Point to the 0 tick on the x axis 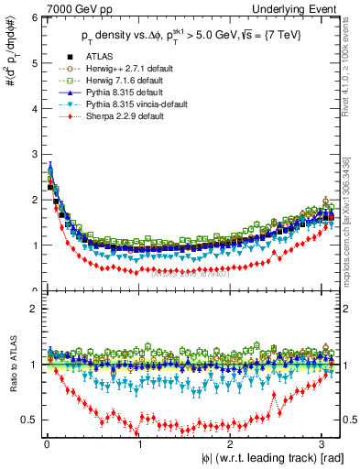tap(46, 446)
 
